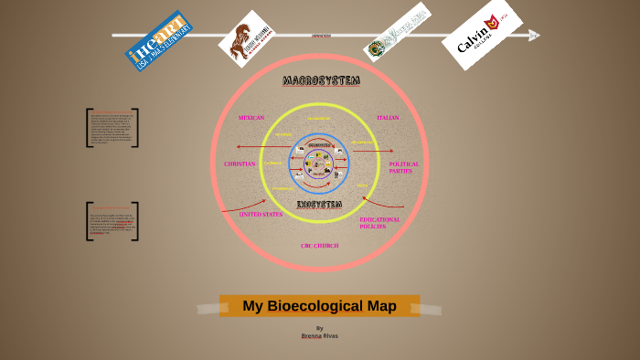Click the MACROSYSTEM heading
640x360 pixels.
point(321,81)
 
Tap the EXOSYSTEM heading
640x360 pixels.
point(319,204)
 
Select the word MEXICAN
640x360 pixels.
point(251,118)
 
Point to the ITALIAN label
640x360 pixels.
point(388,118)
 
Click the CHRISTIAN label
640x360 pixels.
point(240,164)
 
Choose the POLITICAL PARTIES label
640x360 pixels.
point(403,168)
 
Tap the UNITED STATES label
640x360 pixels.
point(261,215)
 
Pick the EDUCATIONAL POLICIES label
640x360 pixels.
point(379,222)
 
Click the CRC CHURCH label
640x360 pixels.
point(319,246)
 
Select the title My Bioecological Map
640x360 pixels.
point(319,306)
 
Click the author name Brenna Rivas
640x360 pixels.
point(319,335)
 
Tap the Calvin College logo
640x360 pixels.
point(482,35)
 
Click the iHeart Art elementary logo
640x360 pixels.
point(158,40)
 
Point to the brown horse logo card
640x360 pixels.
point(247,38)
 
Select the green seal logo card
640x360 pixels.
point(396,33)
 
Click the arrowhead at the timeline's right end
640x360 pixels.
point(535,36)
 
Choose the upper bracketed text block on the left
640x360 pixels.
point(112,128)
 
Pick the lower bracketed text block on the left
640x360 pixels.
point(112,221)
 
